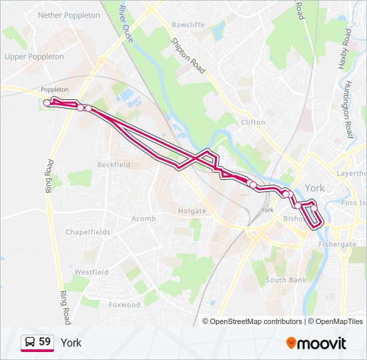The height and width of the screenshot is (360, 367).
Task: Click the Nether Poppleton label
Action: click(69, 15)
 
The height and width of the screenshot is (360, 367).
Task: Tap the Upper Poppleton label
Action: click(34, 57)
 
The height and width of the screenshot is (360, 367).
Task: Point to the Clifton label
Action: click(253, 122)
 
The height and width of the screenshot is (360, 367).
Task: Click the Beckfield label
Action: click(113, 164)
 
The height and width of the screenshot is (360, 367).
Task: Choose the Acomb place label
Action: click(143, 219)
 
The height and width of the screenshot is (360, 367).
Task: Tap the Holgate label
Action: click(192, 211)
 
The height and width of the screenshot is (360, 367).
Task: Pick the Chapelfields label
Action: click(87, 232)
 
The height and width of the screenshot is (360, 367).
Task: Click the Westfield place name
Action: click(91, 272)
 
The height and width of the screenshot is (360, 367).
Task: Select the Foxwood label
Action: click(124, 305)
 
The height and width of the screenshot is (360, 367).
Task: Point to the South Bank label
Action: click(286, 280)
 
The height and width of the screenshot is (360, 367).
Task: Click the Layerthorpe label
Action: click(352, 173)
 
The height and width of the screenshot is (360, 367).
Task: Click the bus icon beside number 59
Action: click(29, 343)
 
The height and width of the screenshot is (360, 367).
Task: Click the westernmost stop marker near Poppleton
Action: click(47, 103)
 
